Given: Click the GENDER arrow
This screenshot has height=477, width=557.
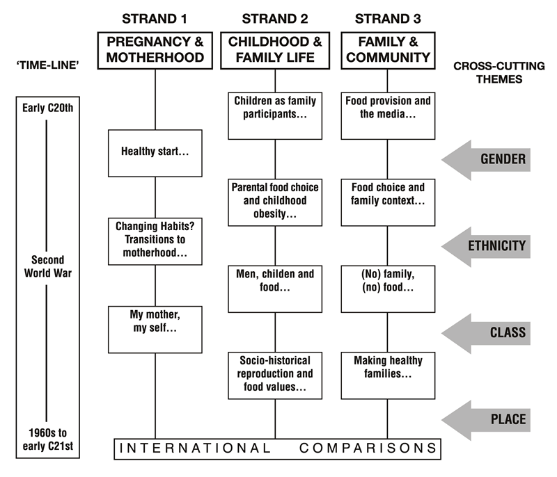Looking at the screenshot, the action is [486, 160].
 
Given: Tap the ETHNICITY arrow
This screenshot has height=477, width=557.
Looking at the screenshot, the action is [486, 246].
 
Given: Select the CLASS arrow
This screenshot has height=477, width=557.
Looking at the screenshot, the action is [486, 333].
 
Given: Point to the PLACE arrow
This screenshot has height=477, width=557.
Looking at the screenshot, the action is [486, 420].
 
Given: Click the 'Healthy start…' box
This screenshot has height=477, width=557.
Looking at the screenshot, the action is [155, 153].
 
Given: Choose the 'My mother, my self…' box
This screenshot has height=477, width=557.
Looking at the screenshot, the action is [155, 330].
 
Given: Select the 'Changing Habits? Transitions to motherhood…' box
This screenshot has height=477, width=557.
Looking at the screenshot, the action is [155, 241].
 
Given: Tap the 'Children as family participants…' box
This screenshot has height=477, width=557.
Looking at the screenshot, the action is [275, 116].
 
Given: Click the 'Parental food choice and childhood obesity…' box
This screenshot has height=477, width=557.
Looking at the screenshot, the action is [275, 202].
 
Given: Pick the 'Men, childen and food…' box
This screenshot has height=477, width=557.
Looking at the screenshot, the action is [275, 289].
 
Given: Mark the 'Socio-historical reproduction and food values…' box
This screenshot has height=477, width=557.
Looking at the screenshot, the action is [275, 375].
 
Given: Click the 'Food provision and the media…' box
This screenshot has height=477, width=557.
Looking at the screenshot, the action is [388, 116].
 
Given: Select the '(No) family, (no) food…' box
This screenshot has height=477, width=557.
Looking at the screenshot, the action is [388, 289].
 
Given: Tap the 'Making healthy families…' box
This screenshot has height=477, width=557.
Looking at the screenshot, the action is [388, 375].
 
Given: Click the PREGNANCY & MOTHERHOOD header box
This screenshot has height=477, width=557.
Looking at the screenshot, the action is [155, 50].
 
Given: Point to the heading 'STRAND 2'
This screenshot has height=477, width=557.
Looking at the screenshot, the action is [275, 19].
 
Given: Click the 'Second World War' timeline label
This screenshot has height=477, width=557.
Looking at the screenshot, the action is [48, 266].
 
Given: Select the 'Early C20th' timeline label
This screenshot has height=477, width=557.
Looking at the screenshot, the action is [48, 108].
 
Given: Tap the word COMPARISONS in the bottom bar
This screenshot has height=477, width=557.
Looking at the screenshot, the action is [368, 448].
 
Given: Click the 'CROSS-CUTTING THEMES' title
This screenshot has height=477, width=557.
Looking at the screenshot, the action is [499, 72].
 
